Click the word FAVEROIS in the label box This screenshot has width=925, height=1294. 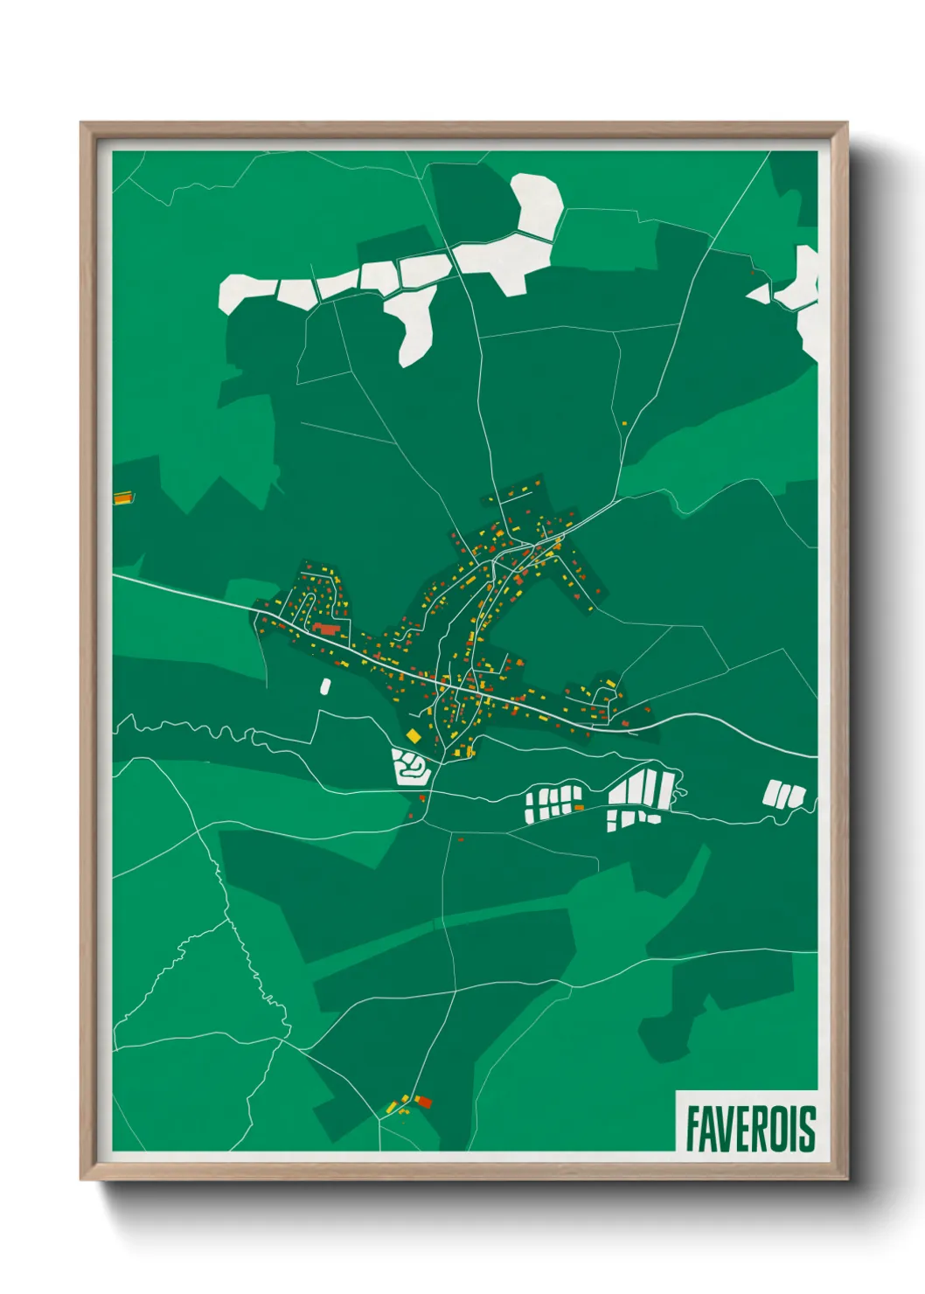[x=749, y=1128]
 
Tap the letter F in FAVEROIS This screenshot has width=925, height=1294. [x=692, y=1128]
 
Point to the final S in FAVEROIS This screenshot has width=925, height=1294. [x=808, y=1128]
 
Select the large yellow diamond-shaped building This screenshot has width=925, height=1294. [x=414, y=736]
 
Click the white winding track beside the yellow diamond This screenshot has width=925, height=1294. [x=410, y=768]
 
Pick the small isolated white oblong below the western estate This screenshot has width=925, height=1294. [x=326, y=686]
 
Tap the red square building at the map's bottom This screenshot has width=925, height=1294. [x=424, y=1102]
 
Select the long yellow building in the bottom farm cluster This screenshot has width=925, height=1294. [x=404, y=1099]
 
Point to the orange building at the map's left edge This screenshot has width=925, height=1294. [x=122, y=498]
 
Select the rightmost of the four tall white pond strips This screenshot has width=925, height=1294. [x=666, y=788]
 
